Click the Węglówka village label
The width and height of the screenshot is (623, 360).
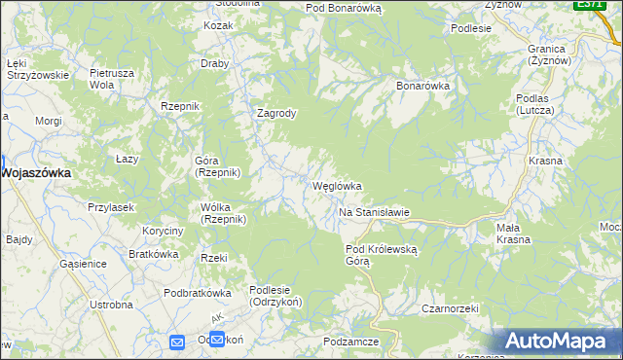point(337,186)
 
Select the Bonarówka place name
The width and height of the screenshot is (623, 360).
point(421,86)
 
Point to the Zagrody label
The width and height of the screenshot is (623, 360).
point(275,113)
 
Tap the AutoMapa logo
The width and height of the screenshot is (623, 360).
point(561,341)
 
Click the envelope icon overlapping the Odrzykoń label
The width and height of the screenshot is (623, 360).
point(217,340)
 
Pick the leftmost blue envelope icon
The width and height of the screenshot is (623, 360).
point(177,342)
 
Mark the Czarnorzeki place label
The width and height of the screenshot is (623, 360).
point(447,308)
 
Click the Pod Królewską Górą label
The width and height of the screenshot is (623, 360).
point(382,255)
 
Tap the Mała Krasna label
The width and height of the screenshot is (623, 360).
point(513,234)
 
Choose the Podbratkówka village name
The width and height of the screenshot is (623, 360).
point(197,293)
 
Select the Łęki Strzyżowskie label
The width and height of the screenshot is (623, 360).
point(36,68)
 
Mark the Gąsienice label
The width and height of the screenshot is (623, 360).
point(82,264)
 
